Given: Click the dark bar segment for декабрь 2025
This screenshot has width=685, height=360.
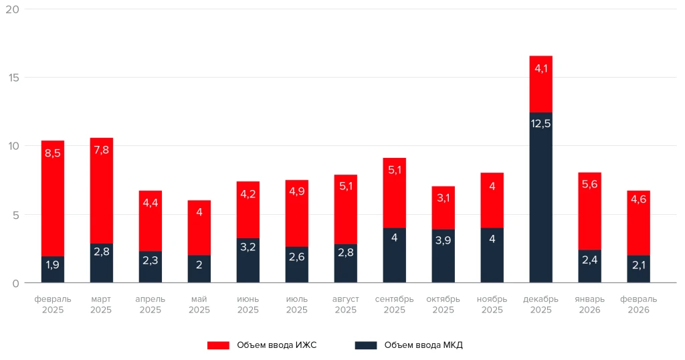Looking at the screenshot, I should click(541, 197).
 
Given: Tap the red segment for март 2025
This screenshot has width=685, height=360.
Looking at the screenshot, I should click(102, 191).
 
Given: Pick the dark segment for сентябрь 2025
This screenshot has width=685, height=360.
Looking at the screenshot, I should click(395, 255).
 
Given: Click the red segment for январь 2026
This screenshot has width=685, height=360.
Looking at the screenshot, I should click(589, 211).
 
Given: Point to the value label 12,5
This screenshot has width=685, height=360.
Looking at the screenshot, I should click(541, 123).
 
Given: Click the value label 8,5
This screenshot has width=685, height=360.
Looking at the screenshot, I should click(53, 153).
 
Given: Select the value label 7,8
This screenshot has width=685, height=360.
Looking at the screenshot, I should click(102, 150).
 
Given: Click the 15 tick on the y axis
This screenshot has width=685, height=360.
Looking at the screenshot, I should click(13, 78).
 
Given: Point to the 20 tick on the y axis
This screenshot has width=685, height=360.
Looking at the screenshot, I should click(13, 9).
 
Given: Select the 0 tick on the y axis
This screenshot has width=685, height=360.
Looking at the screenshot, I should click(16, 283).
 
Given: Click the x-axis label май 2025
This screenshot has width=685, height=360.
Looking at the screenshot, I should click(199, 304).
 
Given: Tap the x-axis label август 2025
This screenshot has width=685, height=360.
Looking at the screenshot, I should click(345, 304).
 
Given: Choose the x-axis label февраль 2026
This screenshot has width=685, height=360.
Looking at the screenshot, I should click(638, 304).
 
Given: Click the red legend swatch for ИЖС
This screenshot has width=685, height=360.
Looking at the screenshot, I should click(218, 345).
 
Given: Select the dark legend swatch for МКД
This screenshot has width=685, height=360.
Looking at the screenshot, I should click(365, 345).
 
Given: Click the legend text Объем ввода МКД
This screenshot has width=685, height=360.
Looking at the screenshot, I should click(423, 345).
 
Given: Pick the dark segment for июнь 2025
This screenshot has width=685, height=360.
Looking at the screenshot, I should click(248, 260).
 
